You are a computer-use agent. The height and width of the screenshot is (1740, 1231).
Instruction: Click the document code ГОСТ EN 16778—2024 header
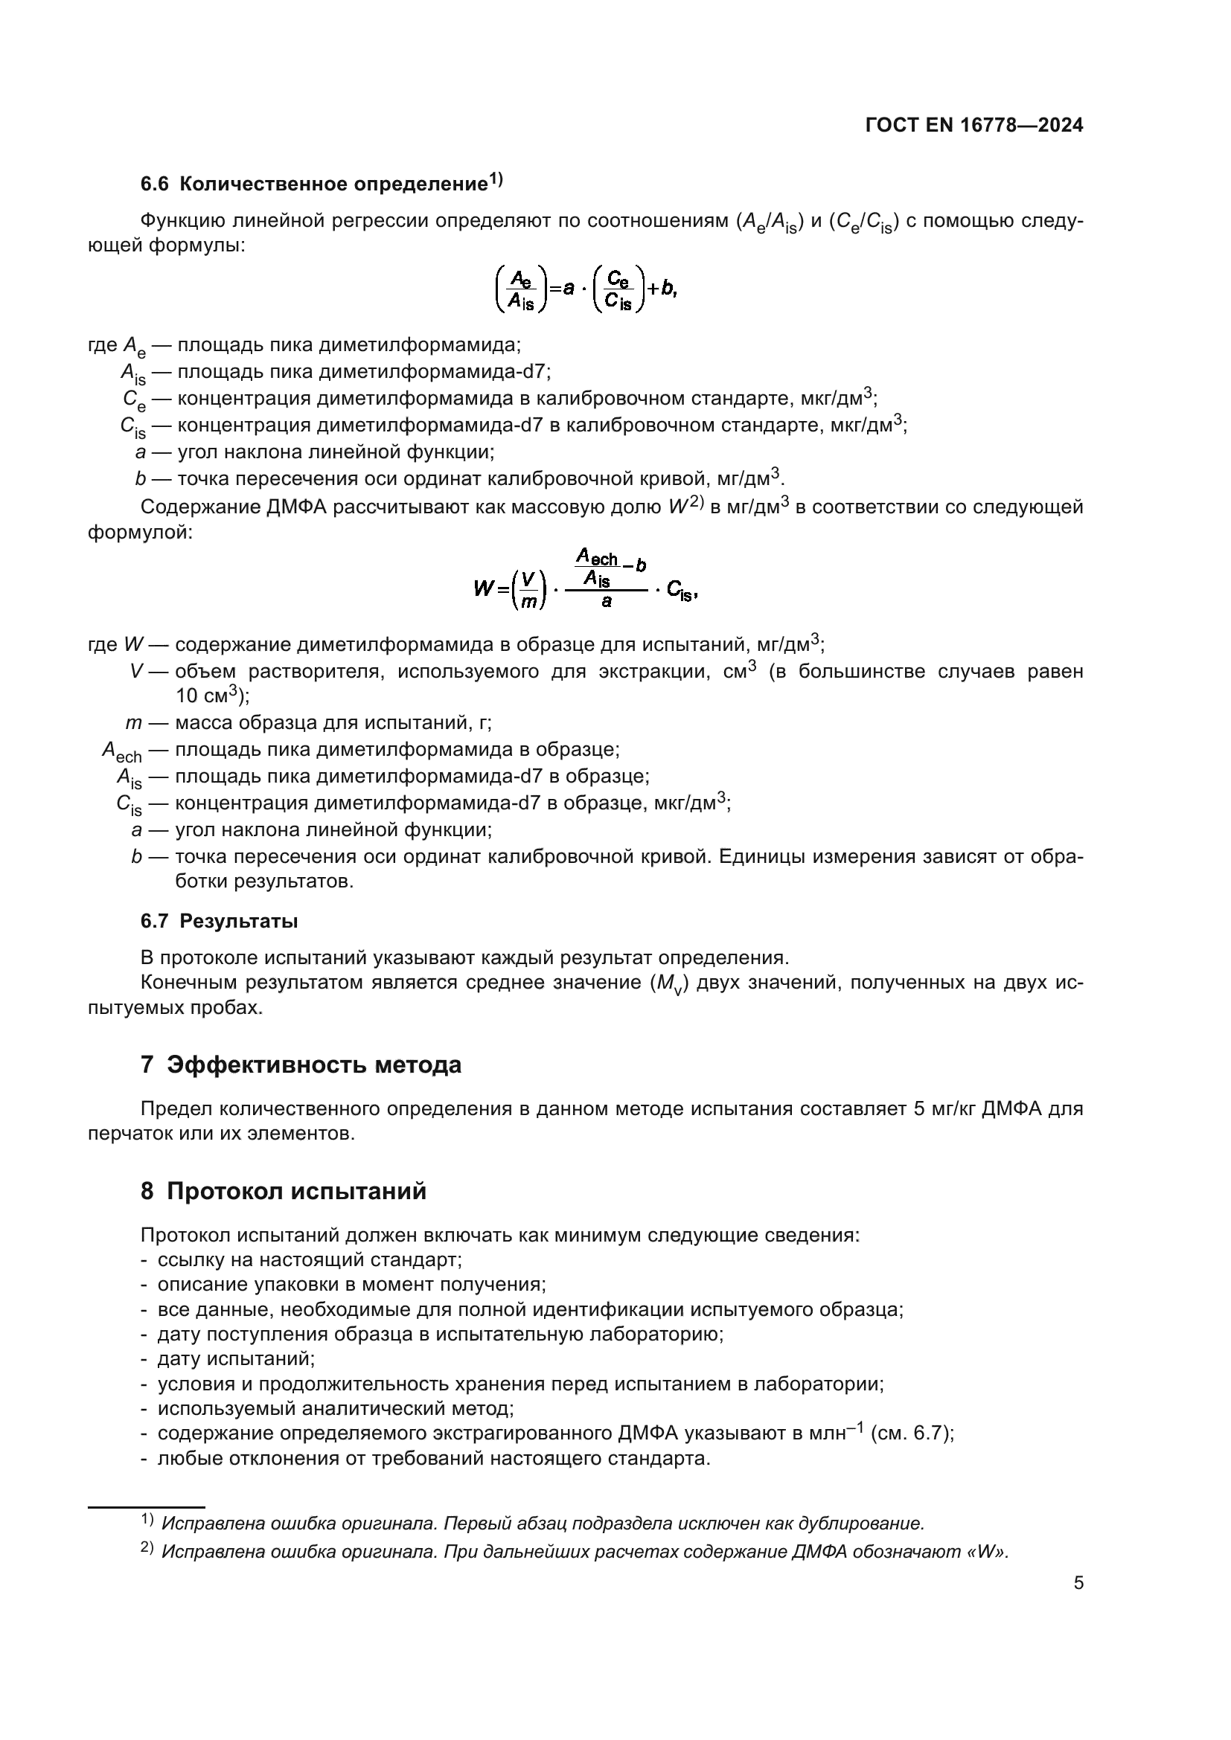(x=973, y=126)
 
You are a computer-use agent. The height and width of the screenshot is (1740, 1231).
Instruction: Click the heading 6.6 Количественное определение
(x=321, y=184)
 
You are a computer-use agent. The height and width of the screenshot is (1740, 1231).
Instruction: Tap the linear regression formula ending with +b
(x=585, y=289)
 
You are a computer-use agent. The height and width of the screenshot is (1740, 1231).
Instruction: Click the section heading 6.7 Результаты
(x=219, y=921)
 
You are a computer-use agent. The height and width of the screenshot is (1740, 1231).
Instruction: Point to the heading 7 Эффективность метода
(x=300, y=1065)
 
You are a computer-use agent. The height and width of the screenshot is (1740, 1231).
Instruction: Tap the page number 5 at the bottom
(x=1078, y=1583)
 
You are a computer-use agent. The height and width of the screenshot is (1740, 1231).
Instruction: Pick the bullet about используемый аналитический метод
(x=335, y=1409)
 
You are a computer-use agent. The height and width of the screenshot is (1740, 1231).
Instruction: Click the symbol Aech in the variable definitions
(x=121, y=751)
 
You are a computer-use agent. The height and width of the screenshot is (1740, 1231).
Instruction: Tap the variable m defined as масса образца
(x=133, y=723)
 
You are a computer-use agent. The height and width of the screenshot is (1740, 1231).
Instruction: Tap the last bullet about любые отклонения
(x=434, y=1459)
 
